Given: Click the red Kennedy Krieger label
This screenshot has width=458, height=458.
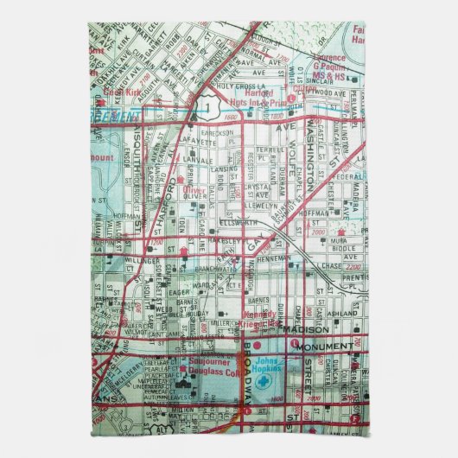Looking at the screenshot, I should pos(259,318).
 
